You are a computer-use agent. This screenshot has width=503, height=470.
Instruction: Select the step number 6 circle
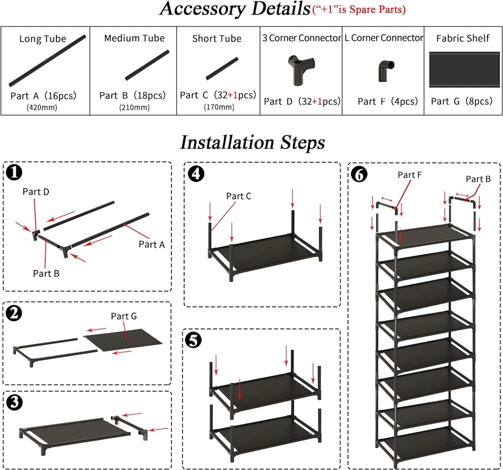pos(359,174)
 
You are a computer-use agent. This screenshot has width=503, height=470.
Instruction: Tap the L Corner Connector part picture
pos(384,71)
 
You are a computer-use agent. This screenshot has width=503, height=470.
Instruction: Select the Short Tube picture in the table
pos(221,69)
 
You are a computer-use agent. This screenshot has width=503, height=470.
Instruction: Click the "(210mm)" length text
pos(134,107)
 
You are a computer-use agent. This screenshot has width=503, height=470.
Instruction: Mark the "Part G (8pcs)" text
pos(461,101)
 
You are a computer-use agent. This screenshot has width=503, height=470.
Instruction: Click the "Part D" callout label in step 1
pos(36,192)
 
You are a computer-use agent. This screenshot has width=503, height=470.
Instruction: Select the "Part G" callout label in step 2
pos(124,316)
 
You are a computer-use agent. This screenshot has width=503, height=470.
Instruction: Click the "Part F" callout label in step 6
pos(410,175)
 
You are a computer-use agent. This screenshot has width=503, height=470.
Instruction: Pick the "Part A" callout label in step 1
pos(151,244)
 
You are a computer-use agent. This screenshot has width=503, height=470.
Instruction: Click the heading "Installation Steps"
pos(252,143)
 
